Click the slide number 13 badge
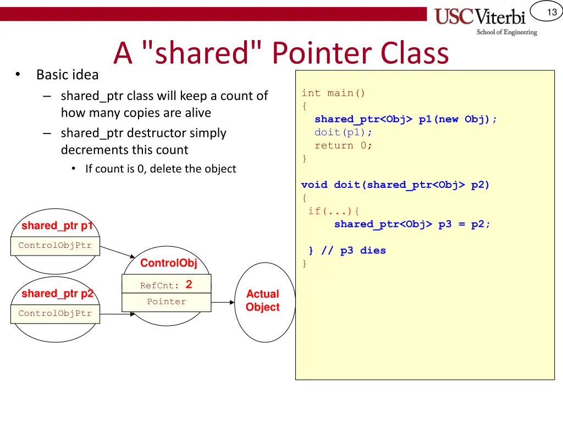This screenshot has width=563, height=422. (551, 12)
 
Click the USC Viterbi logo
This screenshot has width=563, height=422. (485, 20)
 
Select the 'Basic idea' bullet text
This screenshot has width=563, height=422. (67, 75)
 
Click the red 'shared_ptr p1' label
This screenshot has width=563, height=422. (57, 226)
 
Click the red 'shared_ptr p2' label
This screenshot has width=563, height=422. (57, 294)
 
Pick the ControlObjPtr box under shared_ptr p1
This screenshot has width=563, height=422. (55, 246)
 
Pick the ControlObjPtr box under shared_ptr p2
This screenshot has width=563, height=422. (55, 314)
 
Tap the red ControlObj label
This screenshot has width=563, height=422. (168, 263)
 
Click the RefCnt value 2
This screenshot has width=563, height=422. (189, 285)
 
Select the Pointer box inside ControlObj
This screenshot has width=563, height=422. (166, 302)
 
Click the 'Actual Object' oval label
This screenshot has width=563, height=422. (262, 301)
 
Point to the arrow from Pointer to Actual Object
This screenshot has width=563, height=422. (223, 302)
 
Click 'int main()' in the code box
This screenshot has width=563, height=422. (333, 93)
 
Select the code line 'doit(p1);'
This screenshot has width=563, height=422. (343, 132)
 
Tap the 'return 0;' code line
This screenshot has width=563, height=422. (343, 146)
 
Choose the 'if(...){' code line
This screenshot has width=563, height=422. (334, 211)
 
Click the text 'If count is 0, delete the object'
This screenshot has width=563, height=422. (161, 169)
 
